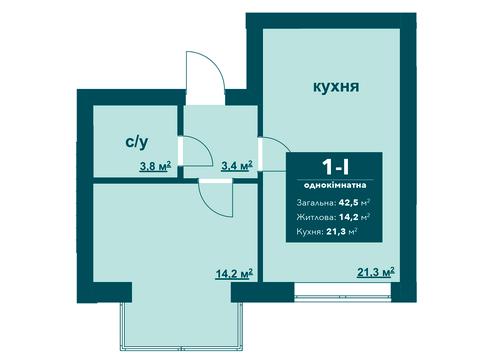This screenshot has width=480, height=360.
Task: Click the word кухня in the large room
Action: pyautogui.click(x=333, y=88)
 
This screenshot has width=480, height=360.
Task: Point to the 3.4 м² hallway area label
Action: pyautogui.click(x=237, y=166)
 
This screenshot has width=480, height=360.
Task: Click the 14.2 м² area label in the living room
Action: pyautogui.click(x=232, y=271)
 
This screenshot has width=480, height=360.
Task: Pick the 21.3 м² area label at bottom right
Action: pyautogui.click(x=375, y=271)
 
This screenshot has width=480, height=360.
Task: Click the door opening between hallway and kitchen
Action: pyautogui.click(x=260, y=149)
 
